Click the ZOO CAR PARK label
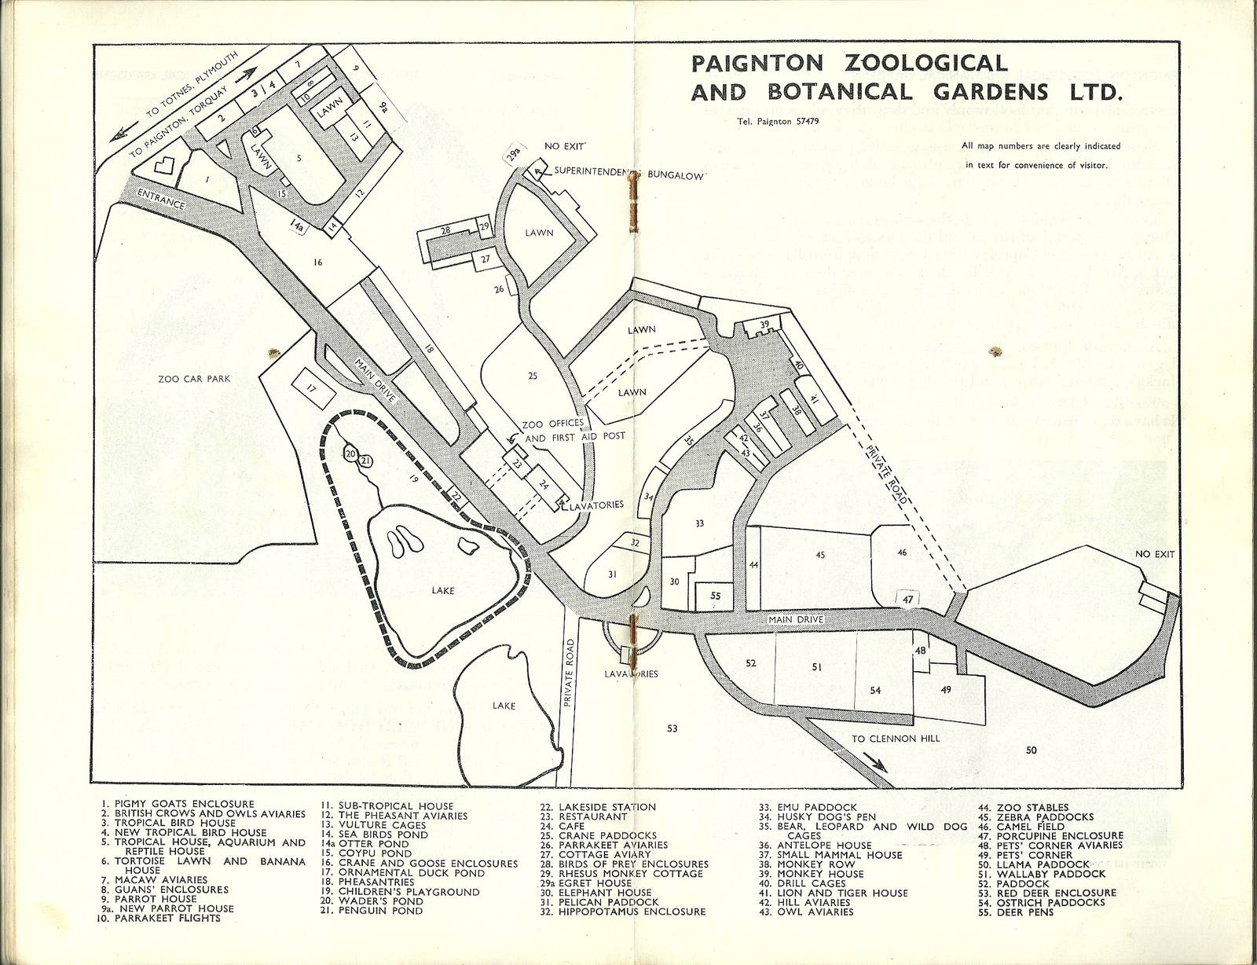click(194, 379)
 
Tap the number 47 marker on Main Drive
click(908, 600)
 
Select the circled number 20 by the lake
click(350, 454)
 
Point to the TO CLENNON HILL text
click(896, 738)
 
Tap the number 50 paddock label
click(1031, 750)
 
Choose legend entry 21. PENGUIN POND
click(371, 911)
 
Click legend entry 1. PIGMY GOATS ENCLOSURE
click(178, 804)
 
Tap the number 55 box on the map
click(715, 596)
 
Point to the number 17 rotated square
click(311, 388)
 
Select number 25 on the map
click(533, 376)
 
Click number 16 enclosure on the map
click(318, 262)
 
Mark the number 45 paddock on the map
click(820, 555)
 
